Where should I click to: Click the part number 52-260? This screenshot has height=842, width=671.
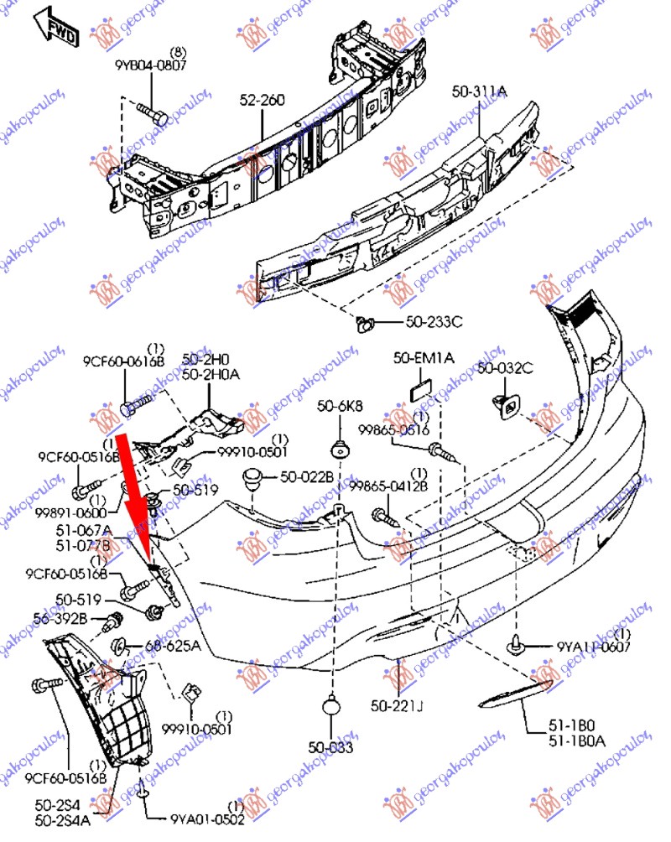click(x=261, y=101)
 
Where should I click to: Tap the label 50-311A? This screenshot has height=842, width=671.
click(x=480, y=91)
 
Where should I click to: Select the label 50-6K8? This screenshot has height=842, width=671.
click(x=340, y=407)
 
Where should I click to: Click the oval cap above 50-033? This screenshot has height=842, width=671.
click(x=332, y=707)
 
